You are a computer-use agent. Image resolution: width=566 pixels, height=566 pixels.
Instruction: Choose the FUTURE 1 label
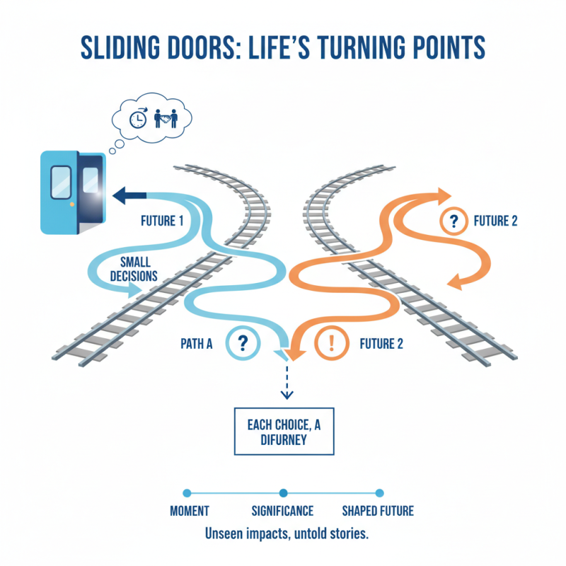coord(156,221)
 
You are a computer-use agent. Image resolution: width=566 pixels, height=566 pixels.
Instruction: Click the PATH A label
coord(200,345)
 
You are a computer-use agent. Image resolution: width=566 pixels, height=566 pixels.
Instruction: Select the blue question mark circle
coord(243,344)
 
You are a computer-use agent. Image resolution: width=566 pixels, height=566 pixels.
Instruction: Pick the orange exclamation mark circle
coord(330,345)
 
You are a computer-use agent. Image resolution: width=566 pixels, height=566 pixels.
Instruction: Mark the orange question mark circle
coord(454,221)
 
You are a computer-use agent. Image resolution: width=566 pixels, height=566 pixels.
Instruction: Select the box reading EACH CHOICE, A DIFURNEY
coord(284,431)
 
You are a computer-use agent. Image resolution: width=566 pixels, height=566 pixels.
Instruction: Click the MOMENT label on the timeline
coord(190,511)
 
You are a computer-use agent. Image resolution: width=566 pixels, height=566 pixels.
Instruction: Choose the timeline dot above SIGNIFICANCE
coord(283,493)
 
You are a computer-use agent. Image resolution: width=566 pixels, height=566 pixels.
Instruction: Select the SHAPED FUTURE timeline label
coord(378,511)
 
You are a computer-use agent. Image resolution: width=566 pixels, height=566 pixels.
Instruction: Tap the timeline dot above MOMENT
coord(187,493)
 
